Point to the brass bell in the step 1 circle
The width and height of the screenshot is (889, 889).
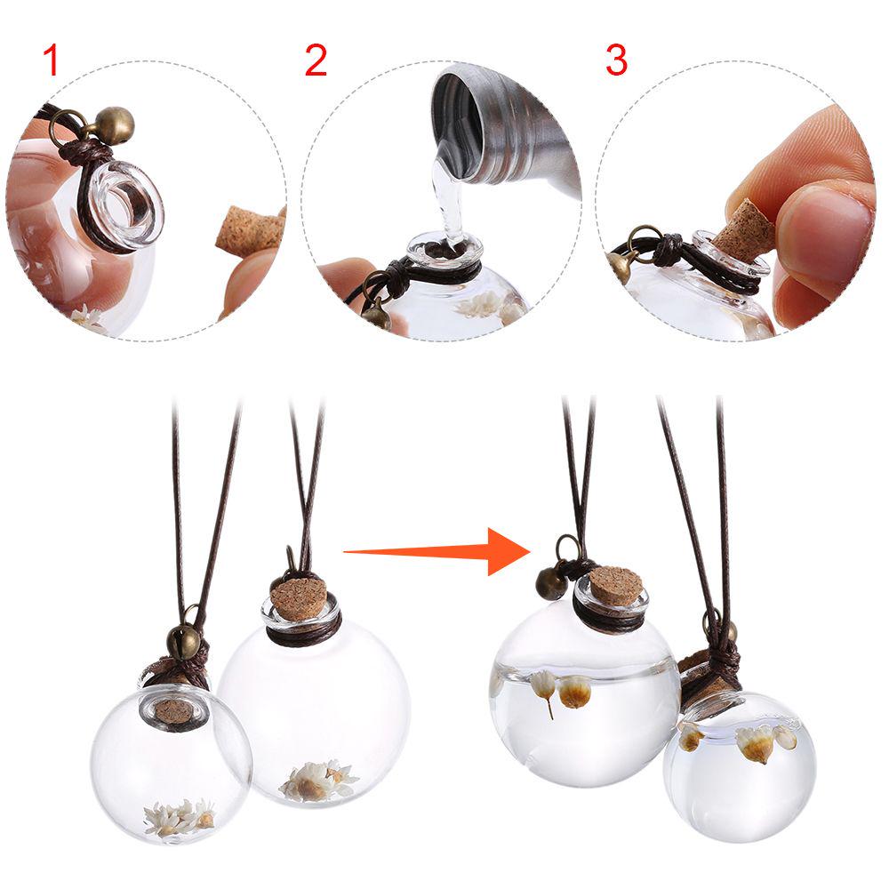[x=116, y=125]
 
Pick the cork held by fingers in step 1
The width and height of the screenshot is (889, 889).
[x=250, y=231]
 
